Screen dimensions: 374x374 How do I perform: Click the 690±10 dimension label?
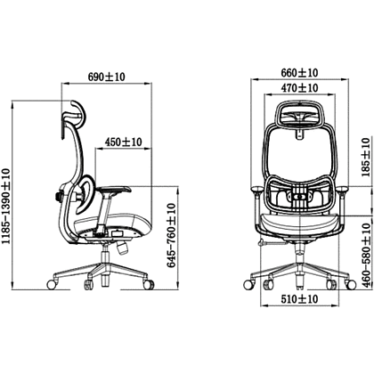tap(107, 77)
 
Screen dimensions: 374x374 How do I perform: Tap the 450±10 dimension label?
tap(123, 142)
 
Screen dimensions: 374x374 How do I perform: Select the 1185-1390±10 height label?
tap(6, 206)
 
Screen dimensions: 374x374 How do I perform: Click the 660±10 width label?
tap(299, 72)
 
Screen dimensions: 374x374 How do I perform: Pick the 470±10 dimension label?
tap(299, 88)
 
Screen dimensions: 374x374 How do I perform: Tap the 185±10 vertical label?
tap(368, 158)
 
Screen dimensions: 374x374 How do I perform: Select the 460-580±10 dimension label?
tap(368, 256)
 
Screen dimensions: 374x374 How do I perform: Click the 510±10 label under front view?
tap(299, 298)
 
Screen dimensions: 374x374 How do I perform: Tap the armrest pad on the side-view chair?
tap(115, 190)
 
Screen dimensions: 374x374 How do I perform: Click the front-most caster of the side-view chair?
tap(149, 285)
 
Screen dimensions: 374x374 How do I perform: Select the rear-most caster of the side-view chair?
tap(52, 284)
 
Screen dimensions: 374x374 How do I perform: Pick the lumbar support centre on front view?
tap(300, 196)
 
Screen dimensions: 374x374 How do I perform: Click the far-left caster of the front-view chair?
tap(248, 285)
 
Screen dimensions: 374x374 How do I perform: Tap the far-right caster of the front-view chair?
tap(351, 285)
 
